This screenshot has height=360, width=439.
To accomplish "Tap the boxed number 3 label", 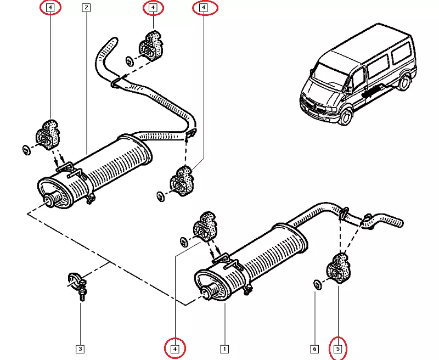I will [80, 348].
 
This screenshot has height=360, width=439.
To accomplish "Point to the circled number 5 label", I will [339, 348].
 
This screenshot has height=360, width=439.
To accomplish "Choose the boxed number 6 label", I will [314, 348].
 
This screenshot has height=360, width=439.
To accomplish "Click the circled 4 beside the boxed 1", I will [175, 348].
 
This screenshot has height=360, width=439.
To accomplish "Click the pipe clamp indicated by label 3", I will [77, 283].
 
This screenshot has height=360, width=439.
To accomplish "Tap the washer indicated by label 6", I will [317, 283].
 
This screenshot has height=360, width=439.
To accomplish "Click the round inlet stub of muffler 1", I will [207, 292].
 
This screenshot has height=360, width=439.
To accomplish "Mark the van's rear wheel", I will [404, 83].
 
